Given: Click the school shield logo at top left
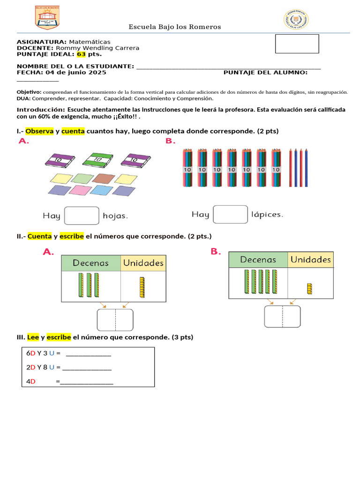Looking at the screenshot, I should pos(47,18).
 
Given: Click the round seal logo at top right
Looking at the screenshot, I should pos(296,20).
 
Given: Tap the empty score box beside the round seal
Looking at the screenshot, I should pos(297,44).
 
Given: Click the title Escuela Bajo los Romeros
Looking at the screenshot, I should pos(175,27).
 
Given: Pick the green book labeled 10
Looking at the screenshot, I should pos(98,159).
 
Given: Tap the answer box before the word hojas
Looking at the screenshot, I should pos(82,216).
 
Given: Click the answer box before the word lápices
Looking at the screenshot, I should pos(230,214).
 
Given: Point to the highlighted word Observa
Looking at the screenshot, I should pos(39,131).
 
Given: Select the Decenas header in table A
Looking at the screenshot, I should pos(91,263).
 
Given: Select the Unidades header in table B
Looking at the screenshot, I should pos(310,259).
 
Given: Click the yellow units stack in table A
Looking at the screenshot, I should pos(142,287).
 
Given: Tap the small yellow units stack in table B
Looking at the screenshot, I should pos(309,289).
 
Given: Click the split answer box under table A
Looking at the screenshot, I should pos(115,320).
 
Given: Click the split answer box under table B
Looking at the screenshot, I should pos(282,316).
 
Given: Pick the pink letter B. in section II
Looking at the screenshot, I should pos(215,252).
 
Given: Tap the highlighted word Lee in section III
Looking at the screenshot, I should pos(33,337).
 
